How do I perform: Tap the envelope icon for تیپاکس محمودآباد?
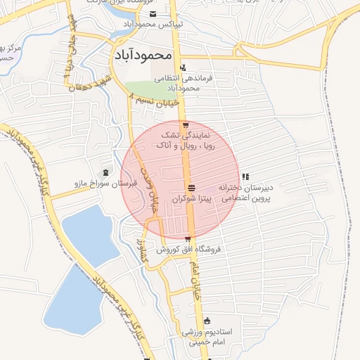(153, 14)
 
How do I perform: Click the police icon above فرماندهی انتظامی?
(184, 68)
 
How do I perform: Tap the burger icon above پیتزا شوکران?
(191, 187)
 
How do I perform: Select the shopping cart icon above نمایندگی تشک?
(186, 126)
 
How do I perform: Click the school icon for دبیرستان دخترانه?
(245, 176)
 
